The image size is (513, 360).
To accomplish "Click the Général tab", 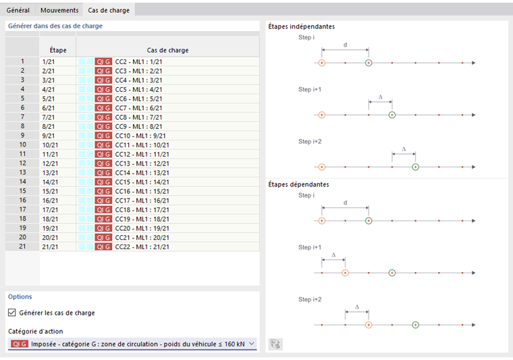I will [x=18, y=10].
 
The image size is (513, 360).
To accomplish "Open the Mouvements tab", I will [x=59, y=10].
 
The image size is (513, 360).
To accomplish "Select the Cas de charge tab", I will [x=109, y=10].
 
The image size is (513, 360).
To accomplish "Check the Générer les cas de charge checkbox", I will [x=11, y=313].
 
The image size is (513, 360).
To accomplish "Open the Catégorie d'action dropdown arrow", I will [x=252, y=344].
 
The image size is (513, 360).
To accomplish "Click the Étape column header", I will [x=58, y=50].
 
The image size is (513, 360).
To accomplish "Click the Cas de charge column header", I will [x=167, y=50].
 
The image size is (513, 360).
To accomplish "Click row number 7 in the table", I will [x=22, y=117].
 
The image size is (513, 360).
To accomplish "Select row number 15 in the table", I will [x=22, y=191].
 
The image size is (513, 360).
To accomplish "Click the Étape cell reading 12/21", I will [x=51, y=163].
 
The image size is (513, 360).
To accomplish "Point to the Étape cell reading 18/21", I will [x=51, y=219].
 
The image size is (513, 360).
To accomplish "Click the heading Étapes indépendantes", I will [x=301, y=26].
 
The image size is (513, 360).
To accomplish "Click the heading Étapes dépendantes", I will [x=298, y=184].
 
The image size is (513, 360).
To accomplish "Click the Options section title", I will [x=20, y=297].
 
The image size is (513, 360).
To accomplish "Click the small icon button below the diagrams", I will [x=275, y=343].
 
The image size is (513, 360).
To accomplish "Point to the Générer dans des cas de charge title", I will [x=55, y=26].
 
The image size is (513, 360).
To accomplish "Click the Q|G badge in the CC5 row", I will [x=103, y=89].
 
